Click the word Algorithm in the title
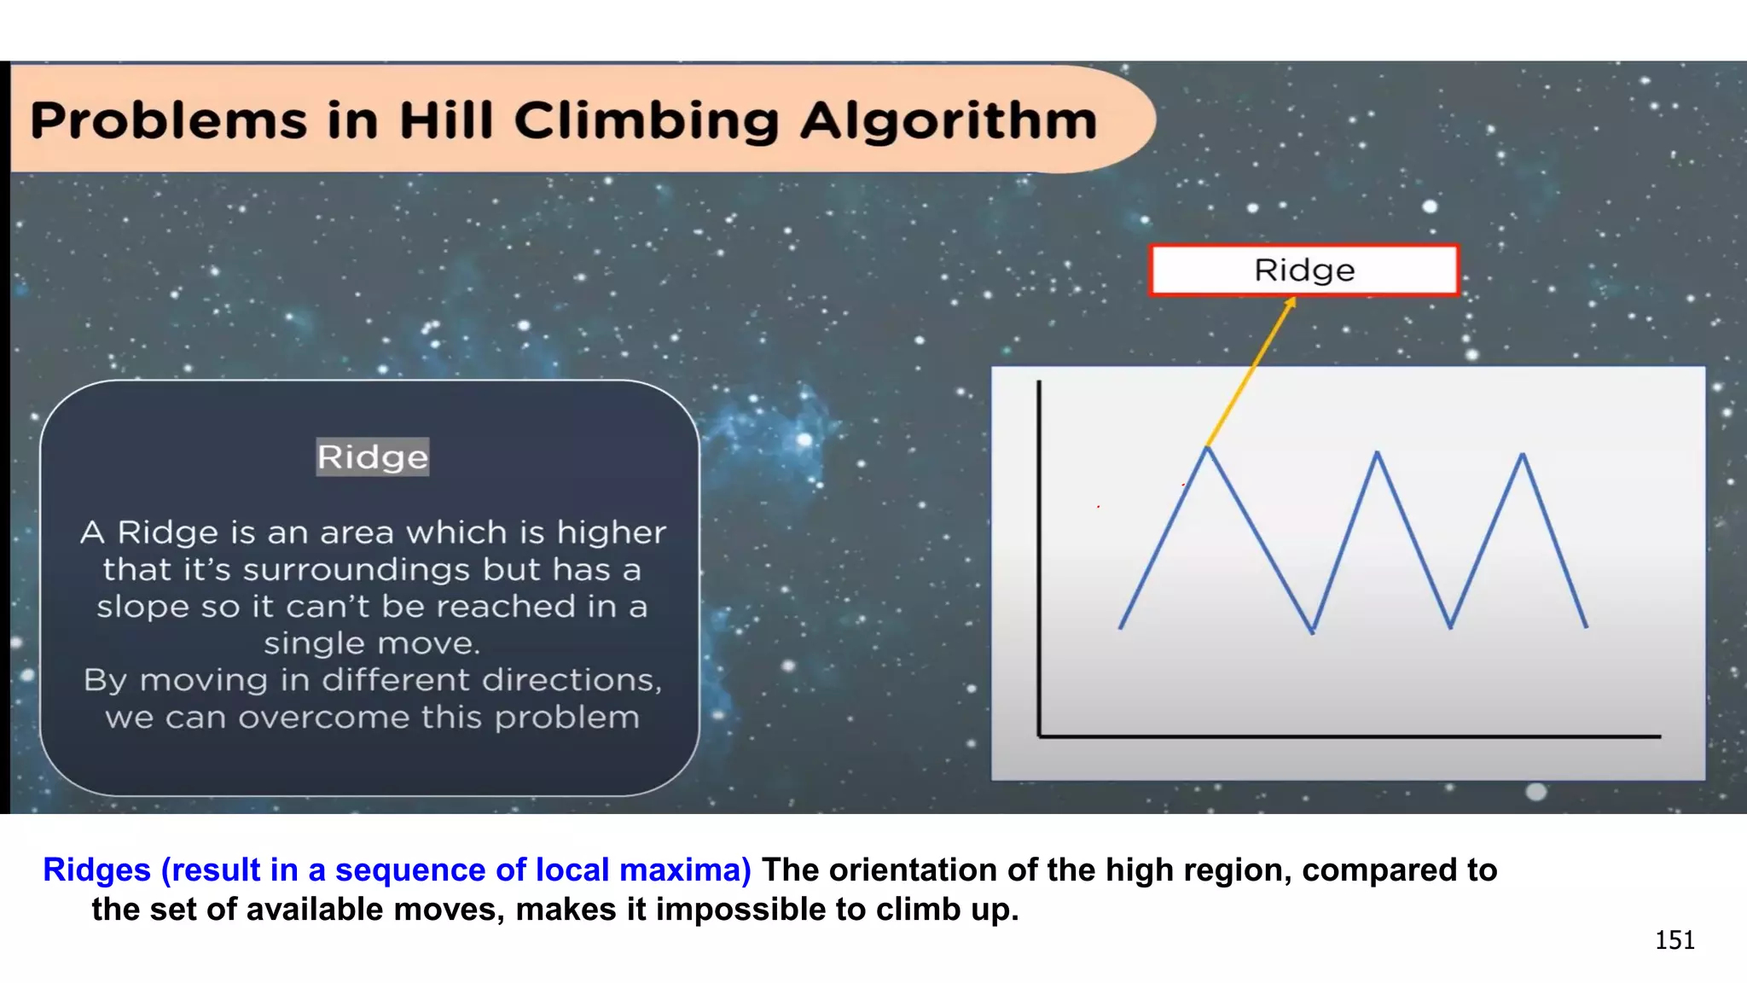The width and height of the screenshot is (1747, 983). pos(948,121)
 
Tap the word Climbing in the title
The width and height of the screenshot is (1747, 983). pos(646,121)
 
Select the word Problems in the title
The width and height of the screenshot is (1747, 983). pos(168,120)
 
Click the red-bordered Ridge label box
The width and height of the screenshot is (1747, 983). pos(1303,270)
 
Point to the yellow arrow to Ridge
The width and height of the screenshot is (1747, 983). pos(1251,371)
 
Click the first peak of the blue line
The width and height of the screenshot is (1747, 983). pos(1207,448)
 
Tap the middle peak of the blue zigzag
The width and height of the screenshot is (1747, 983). pos(1377,454)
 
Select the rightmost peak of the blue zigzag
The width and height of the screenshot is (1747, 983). pos(1523,455)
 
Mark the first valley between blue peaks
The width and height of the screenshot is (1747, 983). pos(1313,631)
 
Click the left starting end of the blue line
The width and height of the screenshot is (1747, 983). pos(1121,628)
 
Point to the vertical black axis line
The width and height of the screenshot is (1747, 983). pos(1039,555)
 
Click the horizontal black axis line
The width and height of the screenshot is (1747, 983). pos(1348,736)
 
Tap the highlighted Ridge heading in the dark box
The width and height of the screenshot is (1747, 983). pos(372,457)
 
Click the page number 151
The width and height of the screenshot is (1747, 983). pos(1674,940)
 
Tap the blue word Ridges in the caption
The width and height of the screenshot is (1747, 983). pos(96,870)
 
